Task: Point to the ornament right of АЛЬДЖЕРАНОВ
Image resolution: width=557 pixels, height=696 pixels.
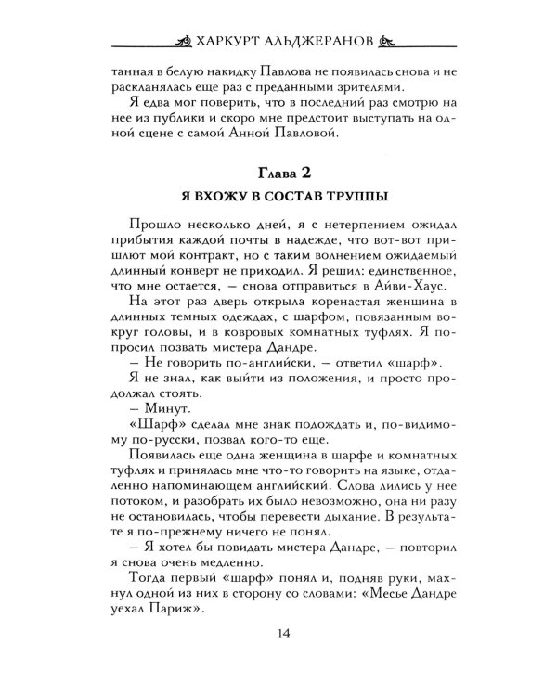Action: click(389, 43)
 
